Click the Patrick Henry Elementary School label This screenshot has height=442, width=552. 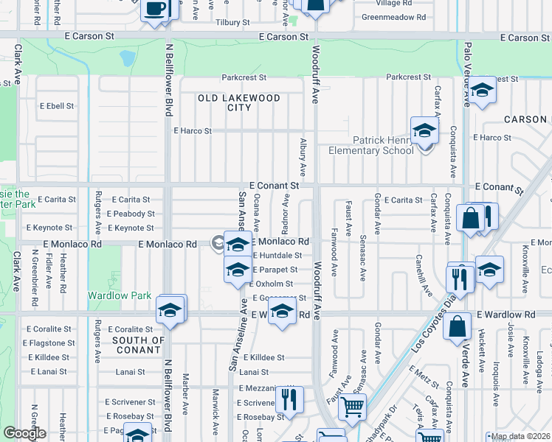[372, 145]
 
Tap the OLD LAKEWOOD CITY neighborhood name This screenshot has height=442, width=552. [238, 102]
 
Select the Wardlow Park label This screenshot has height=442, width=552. [120, 295]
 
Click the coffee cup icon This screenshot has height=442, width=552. [155, 10]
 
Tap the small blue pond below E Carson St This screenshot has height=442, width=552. [127, 57]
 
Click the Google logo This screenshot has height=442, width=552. [24, 433]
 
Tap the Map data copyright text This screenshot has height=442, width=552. [520, 436]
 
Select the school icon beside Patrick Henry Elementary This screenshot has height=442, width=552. [424, 131]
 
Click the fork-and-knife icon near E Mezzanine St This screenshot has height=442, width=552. [289, 399]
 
